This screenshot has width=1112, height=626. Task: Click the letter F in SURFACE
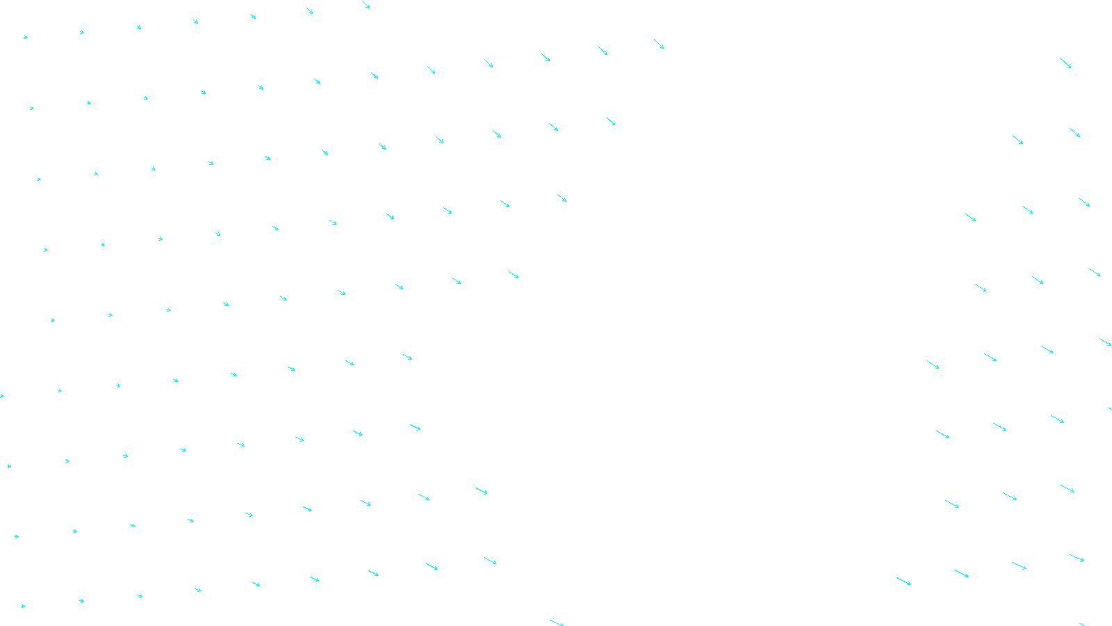click(556, 615)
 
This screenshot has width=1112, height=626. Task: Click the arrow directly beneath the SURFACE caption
click(557, 623)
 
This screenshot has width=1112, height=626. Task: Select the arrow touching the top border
click(366, 5)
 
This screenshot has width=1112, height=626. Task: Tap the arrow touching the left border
click(2, 396)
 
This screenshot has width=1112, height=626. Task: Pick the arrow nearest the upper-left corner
click(26, 37)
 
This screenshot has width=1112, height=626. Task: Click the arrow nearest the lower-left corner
click(23, 606)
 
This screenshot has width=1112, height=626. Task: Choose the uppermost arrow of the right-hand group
click(1065, 63)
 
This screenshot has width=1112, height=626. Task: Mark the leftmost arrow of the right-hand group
click(903, 581)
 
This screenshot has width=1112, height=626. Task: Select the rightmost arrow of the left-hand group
click(659, 44)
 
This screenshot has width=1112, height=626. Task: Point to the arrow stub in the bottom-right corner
click(1082, 624)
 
